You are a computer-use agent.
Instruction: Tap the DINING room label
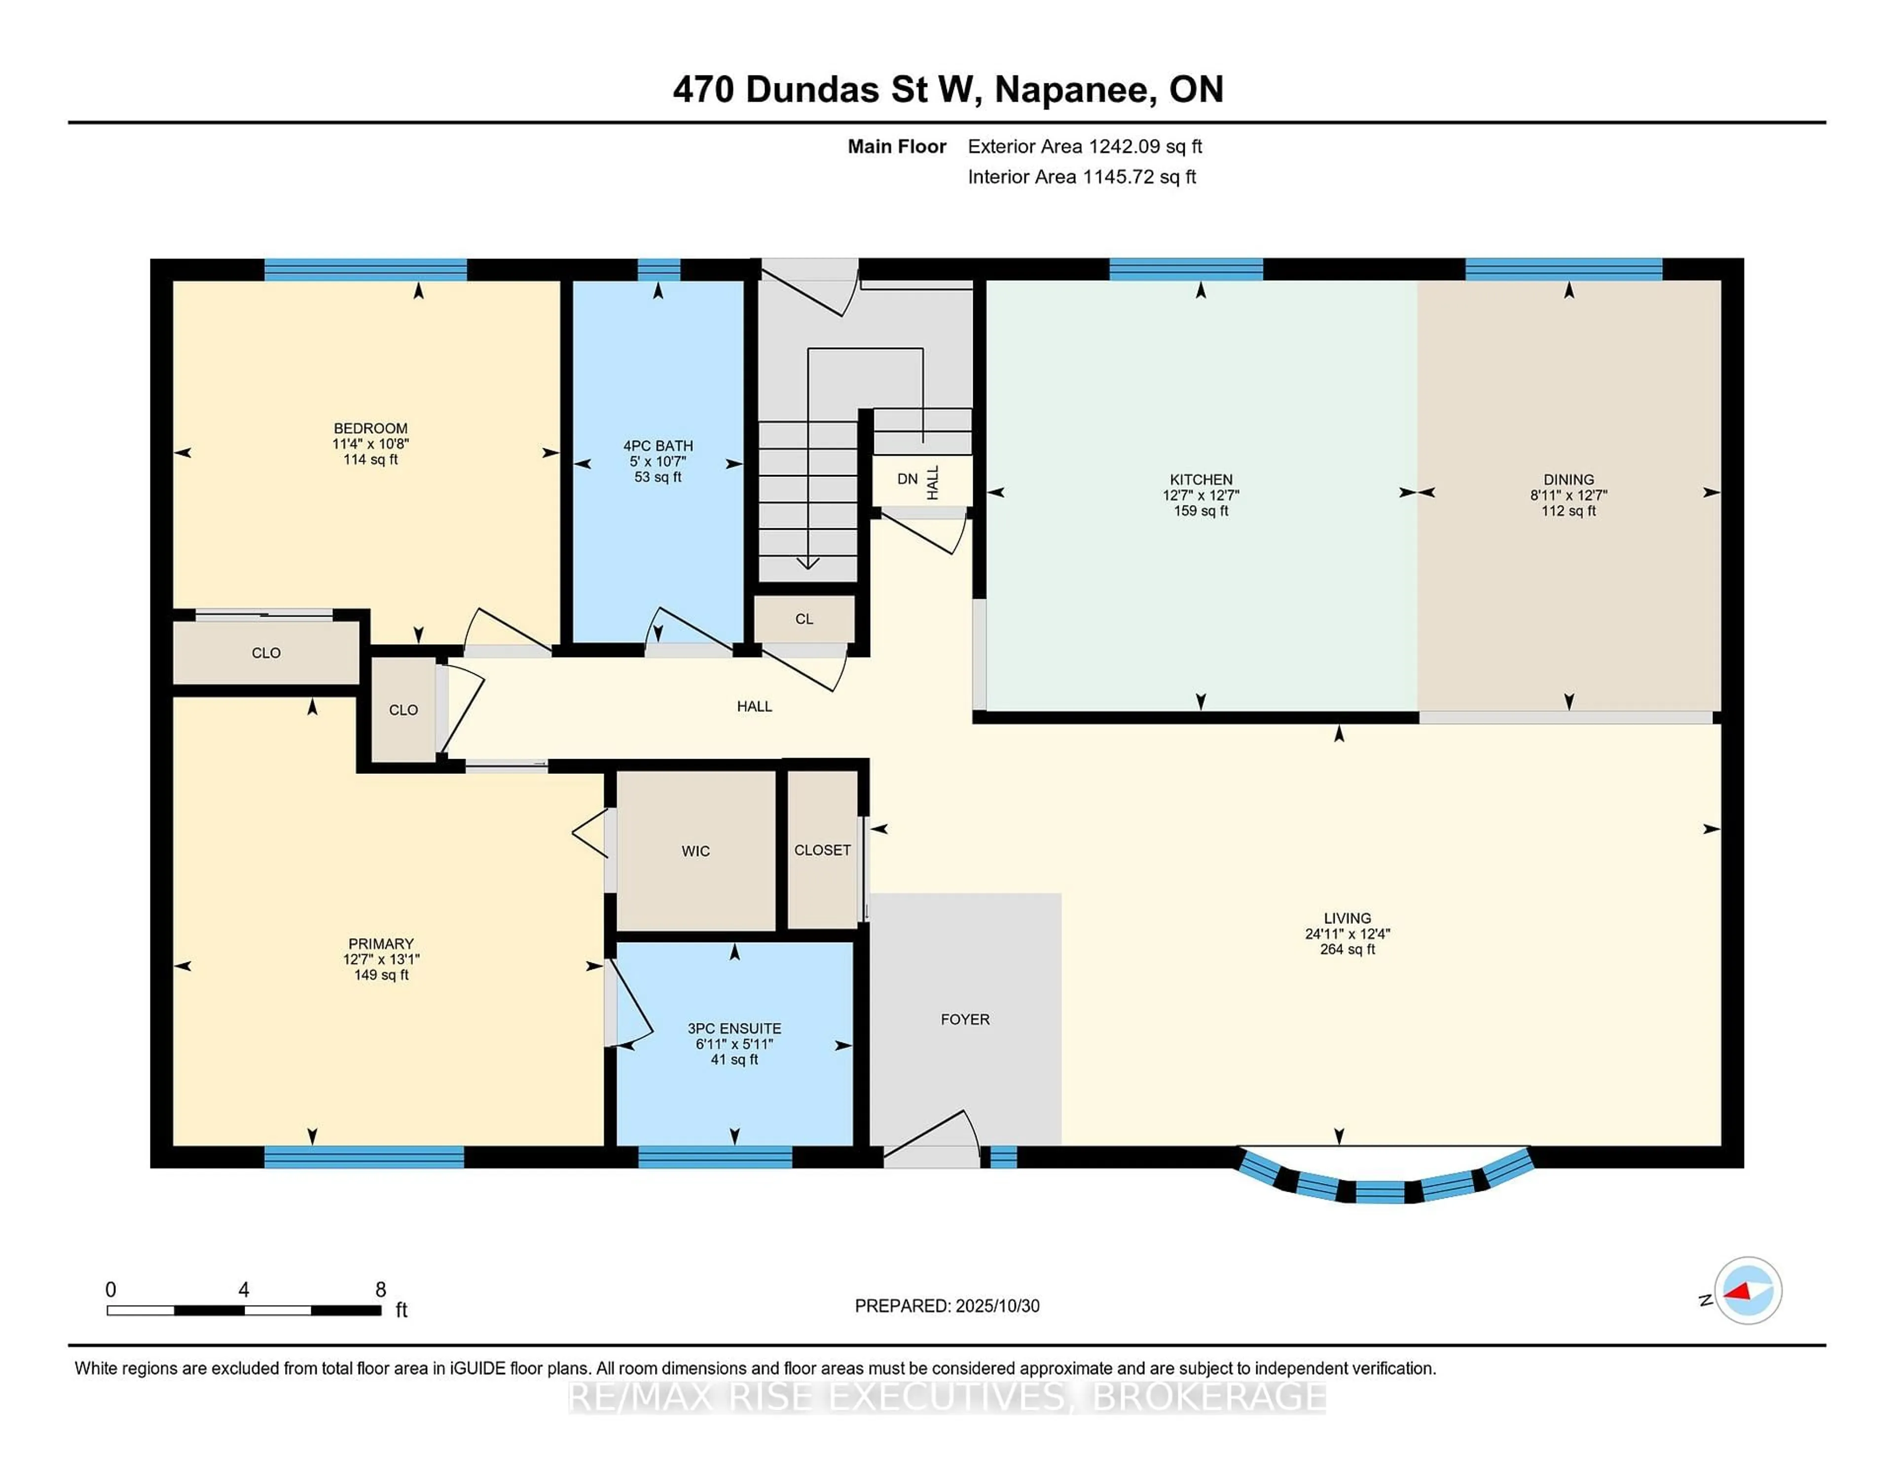pyautogui.click(x=1568, y=479)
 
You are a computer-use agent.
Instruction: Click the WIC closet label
pyautogui.click(x=695, y=851)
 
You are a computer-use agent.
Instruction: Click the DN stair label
pyautogui.click(x=907, y=479)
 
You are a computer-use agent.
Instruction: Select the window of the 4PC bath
pyautogui.click(x=658, y=270)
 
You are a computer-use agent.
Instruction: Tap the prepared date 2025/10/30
pyautogui.click(x=997, y=1306)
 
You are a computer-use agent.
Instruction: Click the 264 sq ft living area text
pyautogui.click(x=1347, y=949)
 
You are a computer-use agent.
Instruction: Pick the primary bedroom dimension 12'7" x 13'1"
pyautogui.click(x=381, y=959)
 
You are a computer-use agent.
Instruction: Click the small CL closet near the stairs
pyautogui.click(x=804, y=619)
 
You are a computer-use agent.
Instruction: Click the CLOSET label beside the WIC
pyautogui.click(x=822, y=850)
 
